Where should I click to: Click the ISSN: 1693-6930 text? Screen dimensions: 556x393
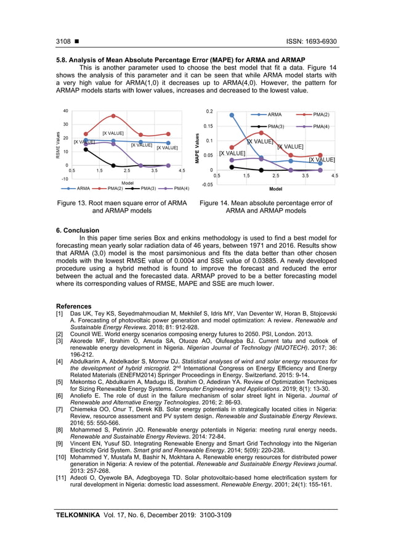312,42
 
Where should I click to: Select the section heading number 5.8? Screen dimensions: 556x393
62,60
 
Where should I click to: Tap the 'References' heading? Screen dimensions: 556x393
73,306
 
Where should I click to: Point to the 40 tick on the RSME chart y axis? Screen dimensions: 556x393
65,112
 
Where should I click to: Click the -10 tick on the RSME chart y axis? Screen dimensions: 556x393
63,178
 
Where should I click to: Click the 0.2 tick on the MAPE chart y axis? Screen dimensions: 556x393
209,112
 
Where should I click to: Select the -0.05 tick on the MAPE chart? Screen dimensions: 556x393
207,184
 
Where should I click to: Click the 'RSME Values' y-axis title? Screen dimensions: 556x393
57,145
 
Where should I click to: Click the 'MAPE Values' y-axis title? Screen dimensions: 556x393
198,149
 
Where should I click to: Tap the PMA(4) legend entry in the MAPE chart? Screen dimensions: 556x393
320,126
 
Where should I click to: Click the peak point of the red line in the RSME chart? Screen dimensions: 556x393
113,116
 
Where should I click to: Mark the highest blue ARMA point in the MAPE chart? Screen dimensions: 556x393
232,115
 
